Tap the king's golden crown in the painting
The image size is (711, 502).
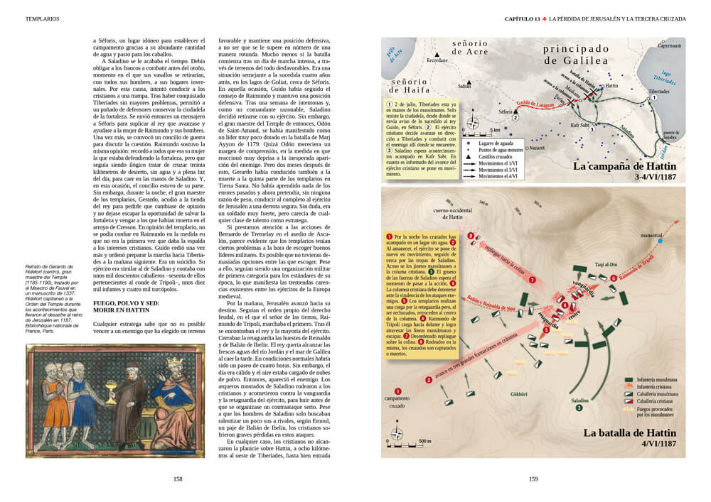tap(173, 364)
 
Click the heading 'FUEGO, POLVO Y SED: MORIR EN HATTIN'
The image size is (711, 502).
tap(131, 305)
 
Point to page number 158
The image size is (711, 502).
tap(178, 479)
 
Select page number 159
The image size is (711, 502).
tap(533, 479)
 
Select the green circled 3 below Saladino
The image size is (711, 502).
tap(579, 408)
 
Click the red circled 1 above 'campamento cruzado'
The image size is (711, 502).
tap(397, 391)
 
